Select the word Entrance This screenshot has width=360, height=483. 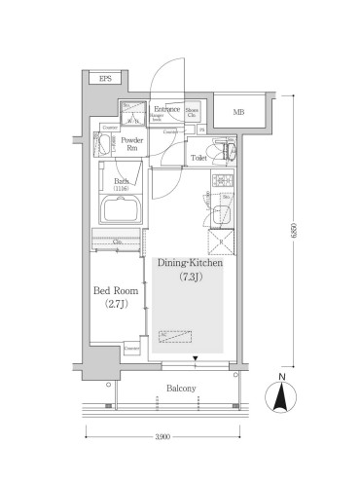click(x=167, y=108)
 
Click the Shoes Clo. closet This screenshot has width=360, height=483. click(x=193, y=114)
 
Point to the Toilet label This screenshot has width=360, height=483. click(x=198, y=157)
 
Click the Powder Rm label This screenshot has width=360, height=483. click(x=131, y=145)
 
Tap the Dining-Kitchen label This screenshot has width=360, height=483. click(x=190, y=263)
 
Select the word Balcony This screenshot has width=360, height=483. click(x=180, y=389)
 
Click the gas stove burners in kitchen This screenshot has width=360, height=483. click(x=221, y=182)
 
